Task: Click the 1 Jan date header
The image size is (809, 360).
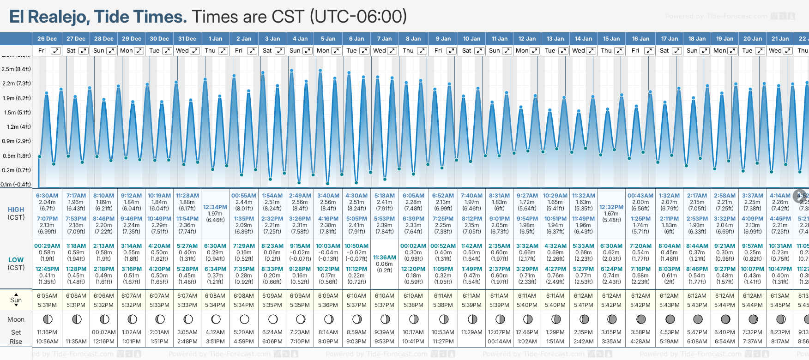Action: point(215,39)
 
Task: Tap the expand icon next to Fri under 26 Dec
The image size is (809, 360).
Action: point(55,51)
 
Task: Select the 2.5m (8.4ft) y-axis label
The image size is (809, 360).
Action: point(16,69)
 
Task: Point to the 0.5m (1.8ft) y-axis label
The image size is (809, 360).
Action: point(16,156)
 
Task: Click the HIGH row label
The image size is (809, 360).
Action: point(16,210)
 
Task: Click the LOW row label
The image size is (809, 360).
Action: point(16,260)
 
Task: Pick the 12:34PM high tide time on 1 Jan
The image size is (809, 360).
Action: point(215,207)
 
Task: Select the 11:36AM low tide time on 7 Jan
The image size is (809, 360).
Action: point(385,258)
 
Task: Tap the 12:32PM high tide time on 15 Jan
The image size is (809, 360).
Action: point(611,207)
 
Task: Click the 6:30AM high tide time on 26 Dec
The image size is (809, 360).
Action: point(47,196)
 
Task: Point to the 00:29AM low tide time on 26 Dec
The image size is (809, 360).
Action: point(47,246)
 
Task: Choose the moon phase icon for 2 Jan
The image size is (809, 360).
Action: point(244,319)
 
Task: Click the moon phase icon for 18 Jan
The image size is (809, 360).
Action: point(698,319)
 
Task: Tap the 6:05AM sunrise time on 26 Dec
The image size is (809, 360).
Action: point(47,296)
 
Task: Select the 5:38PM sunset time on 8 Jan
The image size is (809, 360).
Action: point(413,305)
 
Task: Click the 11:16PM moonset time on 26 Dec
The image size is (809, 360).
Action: point(47,332)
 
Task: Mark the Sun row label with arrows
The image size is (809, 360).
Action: point(16,300)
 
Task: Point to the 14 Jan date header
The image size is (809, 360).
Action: point(584,39)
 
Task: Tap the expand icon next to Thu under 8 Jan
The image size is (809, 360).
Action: point(422,51)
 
